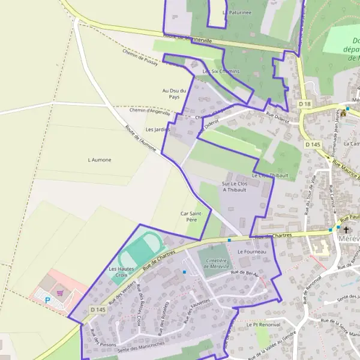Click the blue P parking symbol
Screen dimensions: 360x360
(47, 299)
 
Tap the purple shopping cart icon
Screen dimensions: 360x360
(60, 293)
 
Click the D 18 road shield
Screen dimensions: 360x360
(305, 104)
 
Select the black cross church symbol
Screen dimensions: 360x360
(345, 229)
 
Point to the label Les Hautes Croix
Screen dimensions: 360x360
(122, 271)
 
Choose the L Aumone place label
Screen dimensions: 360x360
(100, 160)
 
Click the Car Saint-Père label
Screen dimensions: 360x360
(194, 217)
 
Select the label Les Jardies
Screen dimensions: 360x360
(158, 129)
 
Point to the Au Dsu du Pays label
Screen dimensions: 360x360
(174, 94)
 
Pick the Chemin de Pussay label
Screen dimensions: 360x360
(139, 58)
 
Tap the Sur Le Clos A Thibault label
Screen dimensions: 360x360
(235, 186)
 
